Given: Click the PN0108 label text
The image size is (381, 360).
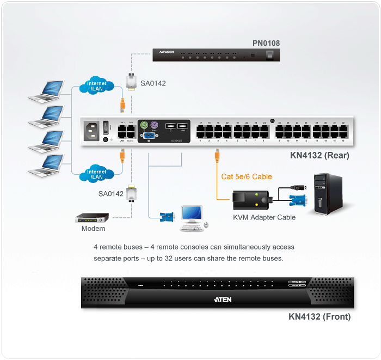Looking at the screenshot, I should pyautogui.click(x=266, y=42).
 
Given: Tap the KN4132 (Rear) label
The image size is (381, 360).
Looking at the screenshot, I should pyautogui.click(x=320, y=156).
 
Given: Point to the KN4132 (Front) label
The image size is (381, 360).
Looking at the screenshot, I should pyautogui.click(x=319, y=316).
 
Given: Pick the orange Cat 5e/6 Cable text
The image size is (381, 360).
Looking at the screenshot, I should pyautogui.click(x=246, y=176).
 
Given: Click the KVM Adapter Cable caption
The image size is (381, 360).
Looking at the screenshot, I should pyautogui.click(x=264, y=217).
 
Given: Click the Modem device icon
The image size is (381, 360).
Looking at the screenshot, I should pyautogui.click(x=92, y=217).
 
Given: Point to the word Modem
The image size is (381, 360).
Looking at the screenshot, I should pyautogui.click(x=93, y=229).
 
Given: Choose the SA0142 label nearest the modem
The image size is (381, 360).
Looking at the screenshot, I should pyautogui.click(x=111, y=194).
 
